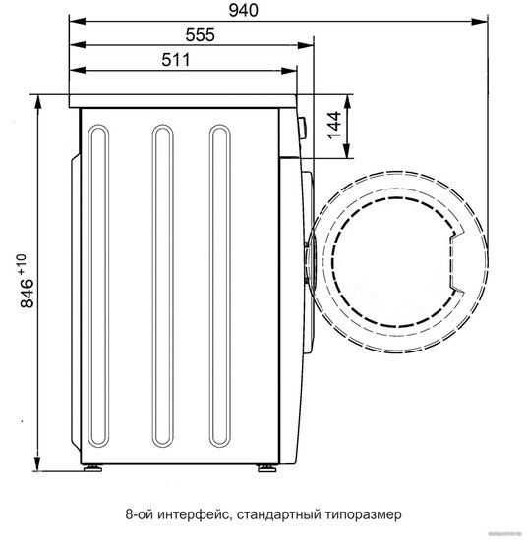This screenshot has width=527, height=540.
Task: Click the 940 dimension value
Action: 243,11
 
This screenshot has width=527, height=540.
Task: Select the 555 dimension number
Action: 200,34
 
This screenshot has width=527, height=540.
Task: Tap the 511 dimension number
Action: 176,60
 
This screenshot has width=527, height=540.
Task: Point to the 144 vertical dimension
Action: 334,126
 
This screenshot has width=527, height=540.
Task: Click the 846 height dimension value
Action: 27,294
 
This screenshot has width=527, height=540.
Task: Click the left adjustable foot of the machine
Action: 92,467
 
